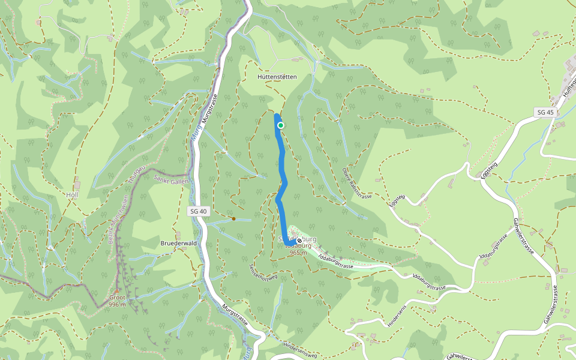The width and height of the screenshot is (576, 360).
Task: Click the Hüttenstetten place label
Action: point(277,77)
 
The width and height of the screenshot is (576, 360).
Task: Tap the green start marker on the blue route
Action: point(280,125)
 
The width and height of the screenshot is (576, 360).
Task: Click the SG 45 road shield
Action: point(545,113)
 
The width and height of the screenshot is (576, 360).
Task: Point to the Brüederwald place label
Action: point(179,244)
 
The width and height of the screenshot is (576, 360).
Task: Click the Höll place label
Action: point(72,195)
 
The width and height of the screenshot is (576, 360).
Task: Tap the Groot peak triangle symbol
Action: point(117,290)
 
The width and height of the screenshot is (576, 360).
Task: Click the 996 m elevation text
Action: point(117,305)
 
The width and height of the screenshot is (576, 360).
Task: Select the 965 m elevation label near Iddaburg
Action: point(298,253)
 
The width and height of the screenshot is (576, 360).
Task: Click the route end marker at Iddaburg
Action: point(299,241)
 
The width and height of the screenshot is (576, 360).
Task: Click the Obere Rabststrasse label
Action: point(357,184)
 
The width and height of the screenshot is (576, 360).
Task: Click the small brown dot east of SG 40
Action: point(233,218)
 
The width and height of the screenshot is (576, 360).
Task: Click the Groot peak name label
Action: point(117,298)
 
